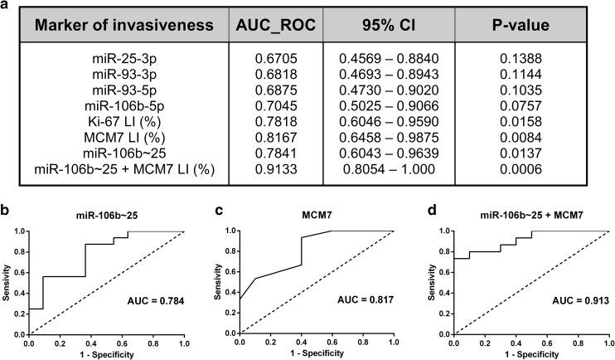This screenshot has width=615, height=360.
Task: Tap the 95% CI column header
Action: pyautogui.click(x=389, y=27)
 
